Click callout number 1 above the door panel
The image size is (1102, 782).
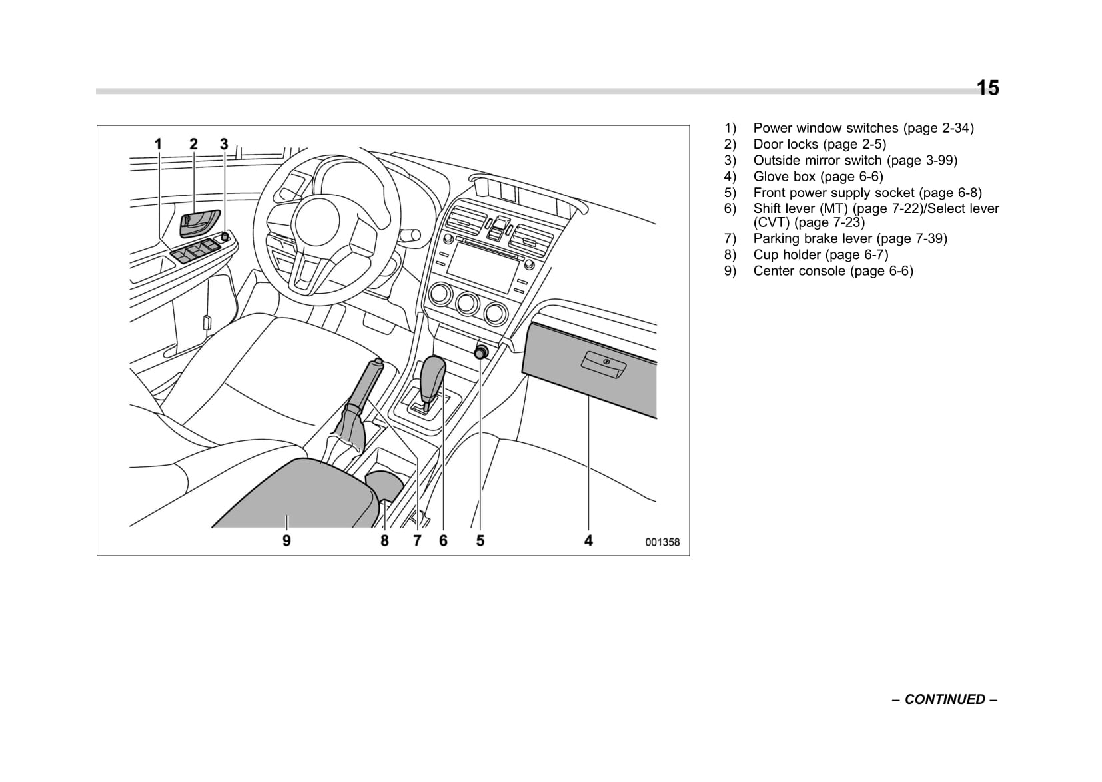[159, 144]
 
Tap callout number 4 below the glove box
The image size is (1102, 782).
[588, 540]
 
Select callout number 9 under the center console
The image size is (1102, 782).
[286, 540]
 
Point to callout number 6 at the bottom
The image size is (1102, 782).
[443, 540]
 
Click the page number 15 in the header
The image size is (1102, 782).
[987, 88]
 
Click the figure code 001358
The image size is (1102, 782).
[662, 542]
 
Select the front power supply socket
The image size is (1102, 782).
[480, 353]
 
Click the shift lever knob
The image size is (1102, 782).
[434, 373]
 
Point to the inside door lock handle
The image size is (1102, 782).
[198, 222]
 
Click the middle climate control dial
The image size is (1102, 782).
[467, 304]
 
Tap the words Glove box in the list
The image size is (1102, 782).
[784, 177]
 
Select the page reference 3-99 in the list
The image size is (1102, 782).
[939, 160]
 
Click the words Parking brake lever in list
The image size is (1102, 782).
[812, 238]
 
